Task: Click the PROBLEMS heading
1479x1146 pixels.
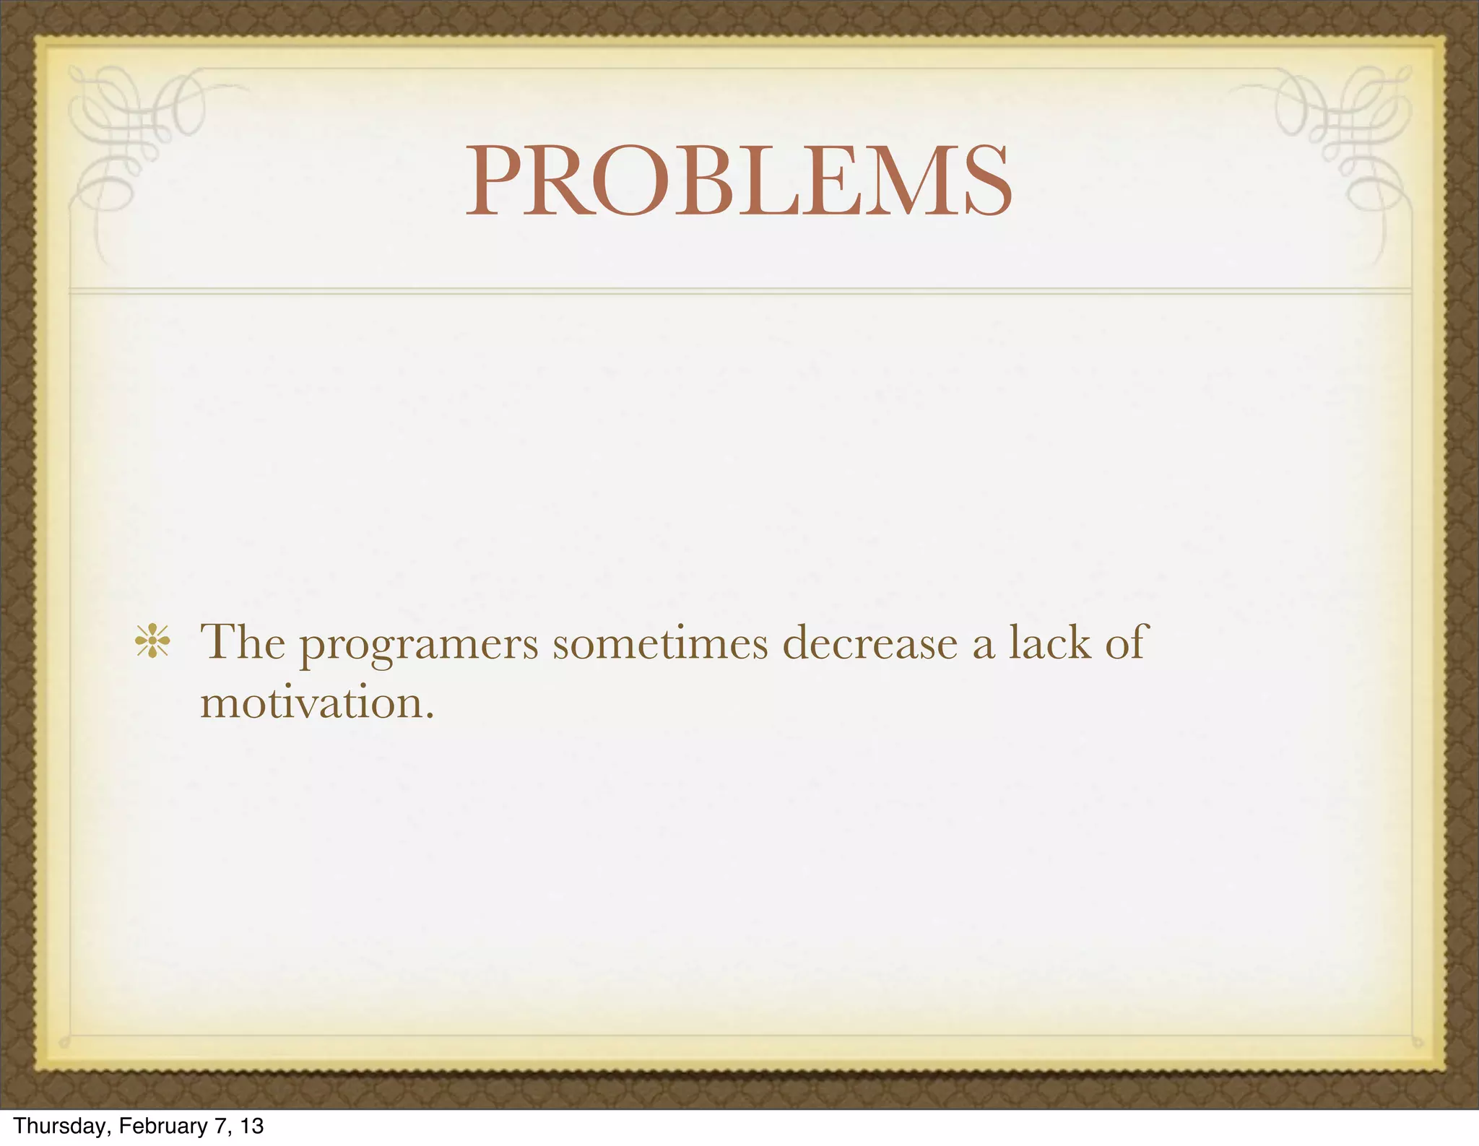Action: [x=739, y=181]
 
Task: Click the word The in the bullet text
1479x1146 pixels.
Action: [x=243, y=641]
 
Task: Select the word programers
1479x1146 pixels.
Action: [x=419, y=644]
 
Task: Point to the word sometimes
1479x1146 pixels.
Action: [x=660, y=642]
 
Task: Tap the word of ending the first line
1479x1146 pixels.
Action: [x=1126, y=641]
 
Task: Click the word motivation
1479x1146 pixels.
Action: [x=311, y=702]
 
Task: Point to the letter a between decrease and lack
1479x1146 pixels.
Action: [x=983, y=645]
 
